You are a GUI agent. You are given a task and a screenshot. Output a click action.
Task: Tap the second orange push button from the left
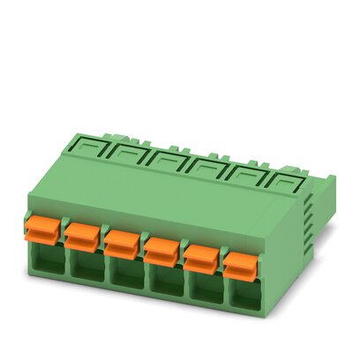coord(82,234)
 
